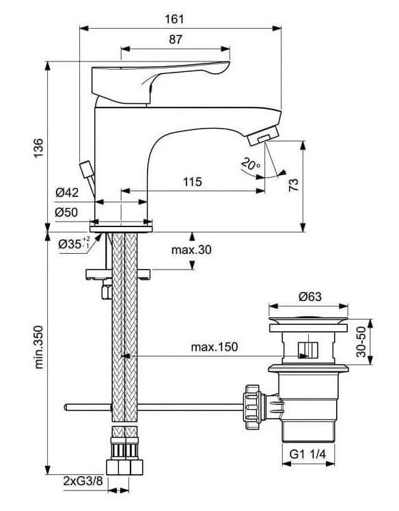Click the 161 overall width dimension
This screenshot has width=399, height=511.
(174, 19)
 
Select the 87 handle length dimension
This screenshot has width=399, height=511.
(176, 40)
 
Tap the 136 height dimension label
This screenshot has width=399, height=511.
(38, 148)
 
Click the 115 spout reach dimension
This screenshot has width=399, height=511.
(193, 181)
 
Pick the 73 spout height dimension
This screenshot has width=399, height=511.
(293, 185)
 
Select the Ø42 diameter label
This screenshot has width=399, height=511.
(67, 193)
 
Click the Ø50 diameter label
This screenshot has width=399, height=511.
(66, 213)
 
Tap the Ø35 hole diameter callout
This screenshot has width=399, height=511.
(74, 243)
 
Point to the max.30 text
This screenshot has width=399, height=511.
(191, 250)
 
